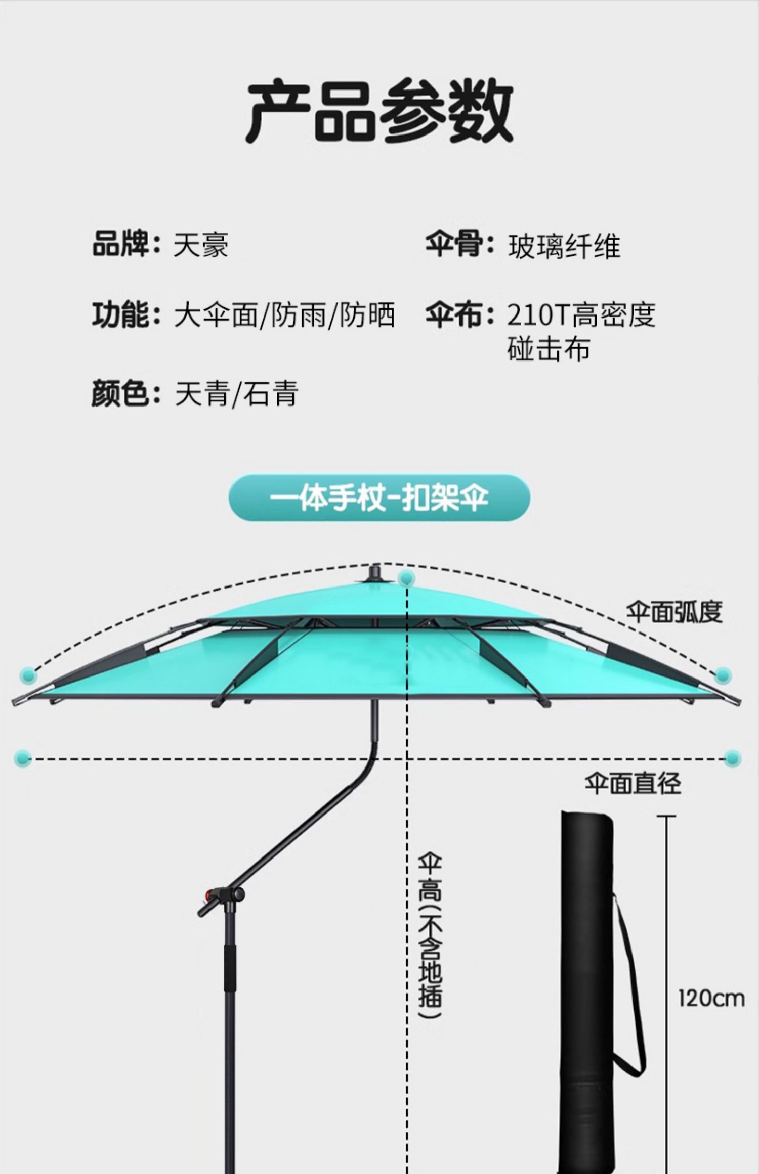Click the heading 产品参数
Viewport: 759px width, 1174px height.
pos(379,110)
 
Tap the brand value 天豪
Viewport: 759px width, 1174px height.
pos(201,245)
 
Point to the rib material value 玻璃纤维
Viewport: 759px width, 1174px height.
pos(564,247)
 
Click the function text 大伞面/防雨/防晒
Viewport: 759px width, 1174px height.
pos(284,315)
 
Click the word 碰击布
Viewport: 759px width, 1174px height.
pos(549,349)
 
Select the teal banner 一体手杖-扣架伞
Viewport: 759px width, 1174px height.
pos(379,498)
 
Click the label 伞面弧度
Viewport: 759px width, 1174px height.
pos(674,612)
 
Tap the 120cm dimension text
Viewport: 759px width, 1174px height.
pos(711,999)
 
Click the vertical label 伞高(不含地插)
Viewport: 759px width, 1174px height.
pos(430,935)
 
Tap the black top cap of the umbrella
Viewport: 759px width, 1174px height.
pos(375,573)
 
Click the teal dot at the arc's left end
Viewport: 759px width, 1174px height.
pos(28,674)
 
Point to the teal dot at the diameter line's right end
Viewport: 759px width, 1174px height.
pos(732,758)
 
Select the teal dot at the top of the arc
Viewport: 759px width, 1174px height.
pos(406,578)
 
